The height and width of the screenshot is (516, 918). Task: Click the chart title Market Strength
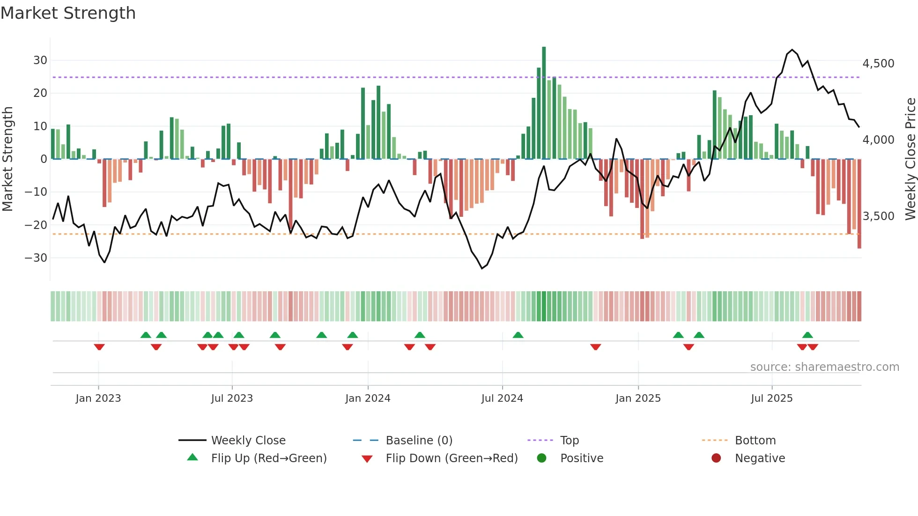[68, 13]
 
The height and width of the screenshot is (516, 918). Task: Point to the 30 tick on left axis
[40, 60]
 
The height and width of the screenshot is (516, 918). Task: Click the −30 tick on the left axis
[36, 258]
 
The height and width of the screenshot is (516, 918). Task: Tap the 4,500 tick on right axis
[878, 64]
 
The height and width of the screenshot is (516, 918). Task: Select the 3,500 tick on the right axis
[878, 216]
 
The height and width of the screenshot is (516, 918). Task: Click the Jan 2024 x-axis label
[368, 398]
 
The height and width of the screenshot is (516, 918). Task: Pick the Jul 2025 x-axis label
[771, 398]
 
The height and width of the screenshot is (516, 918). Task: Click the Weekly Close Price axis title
[910, 159]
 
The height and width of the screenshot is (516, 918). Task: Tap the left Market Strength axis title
[7, 159]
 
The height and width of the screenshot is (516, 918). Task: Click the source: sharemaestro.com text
[824, 367]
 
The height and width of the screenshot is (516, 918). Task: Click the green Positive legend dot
[541, 458]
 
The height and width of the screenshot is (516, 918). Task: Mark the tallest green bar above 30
[544, 103]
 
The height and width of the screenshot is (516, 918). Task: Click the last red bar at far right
[859, 204]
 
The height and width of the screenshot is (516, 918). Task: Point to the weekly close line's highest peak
[792, 50]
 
